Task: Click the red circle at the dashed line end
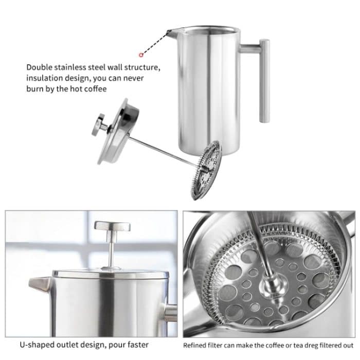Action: (140, 54)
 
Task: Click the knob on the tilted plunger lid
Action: (98, 125)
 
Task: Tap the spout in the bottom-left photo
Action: (39, 284)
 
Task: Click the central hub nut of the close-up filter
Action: (269, 284)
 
